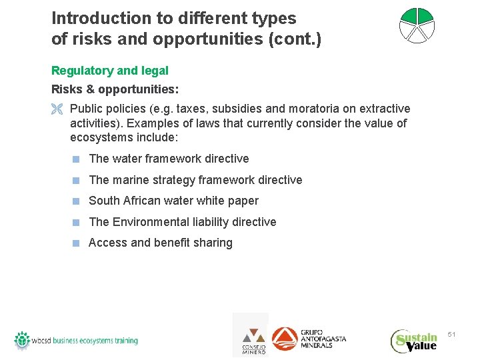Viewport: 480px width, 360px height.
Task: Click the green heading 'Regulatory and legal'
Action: tap(110, 71)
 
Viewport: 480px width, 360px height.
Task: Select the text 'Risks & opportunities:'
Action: tap(115, 89)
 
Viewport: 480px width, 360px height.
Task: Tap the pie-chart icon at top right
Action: tap(417, 26)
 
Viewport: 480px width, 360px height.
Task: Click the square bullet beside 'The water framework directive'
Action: tap(77, 159)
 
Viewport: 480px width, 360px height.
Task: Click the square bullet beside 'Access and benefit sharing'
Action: tap(77, 243)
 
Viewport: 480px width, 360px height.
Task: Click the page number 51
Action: tap(451, 333)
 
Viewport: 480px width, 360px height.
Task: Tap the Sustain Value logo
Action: tap(415, 341)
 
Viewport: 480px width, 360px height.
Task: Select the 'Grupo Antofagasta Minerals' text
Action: tap(323, 338)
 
